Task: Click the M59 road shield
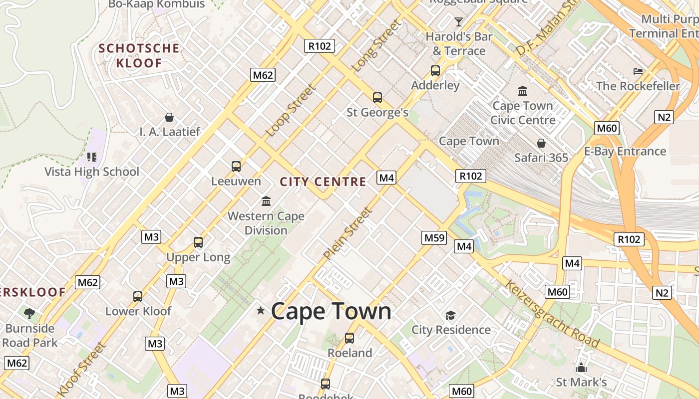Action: [x=434, y=238]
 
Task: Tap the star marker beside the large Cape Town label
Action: [x=260, y=311]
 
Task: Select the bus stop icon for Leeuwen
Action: [x=236, y=166]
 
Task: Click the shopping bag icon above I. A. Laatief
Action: [x=169, y=117]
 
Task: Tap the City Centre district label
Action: [x=323, y=182]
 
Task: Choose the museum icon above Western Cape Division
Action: [x=266, y=201]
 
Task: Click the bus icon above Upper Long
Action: [x=198, y=242]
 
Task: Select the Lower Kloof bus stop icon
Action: [x=138, y=296]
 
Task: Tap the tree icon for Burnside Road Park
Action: [x=29, y=313]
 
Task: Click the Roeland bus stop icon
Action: [x=349, y=338]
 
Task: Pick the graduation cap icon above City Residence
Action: [x=451, y=315]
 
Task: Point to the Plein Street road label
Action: [x=348, y=233]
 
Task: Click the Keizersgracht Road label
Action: [x=552, y=314]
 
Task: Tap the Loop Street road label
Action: [x=291, y=111]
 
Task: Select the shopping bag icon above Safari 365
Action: [x=541, y=143]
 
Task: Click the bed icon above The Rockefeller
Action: [x=638, y=71]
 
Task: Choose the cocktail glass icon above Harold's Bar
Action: [x=459, y=21]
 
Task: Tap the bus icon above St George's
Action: [x=377, y=98]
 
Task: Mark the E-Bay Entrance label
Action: [x=625, y=151]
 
